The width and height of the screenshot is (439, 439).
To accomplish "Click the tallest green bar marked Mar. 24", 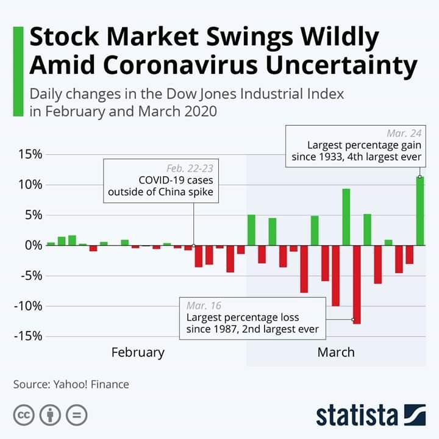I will (419, 210).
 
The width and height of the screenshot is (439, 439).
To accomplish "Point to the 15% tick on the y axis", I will (29, 154).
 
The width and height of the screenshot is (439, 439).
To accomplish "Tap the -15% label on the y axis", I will (27, 336).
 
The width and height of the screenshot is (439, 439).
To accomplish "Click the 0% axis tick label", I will (32, 245).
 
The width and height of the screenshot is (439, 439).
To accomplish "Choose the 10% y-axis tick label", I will (29, 185).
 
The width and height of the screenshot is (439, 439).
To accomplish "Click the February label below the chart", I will (138, 352).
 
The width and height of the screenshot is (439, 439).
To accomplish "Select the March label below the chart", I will (335, 352).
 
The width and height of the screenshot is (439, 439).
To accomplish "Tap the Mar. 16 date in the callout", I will (204, 305).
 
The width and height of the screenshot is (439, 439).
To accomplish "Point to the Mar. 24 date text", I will (404, 133).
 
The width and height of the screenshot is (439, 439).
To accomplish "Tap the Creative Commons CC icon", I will (23, 415).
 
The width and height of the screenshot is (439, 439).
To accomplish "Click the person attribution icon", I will (50, 415).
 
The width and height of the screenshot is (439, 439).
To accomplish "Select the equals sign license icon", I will (77, 415).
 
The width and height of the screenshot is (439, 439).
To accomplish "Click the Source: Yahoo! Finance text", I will (71, 384).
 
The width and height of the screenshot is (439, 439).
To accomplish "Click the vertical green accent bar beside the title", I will (18, 71).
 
